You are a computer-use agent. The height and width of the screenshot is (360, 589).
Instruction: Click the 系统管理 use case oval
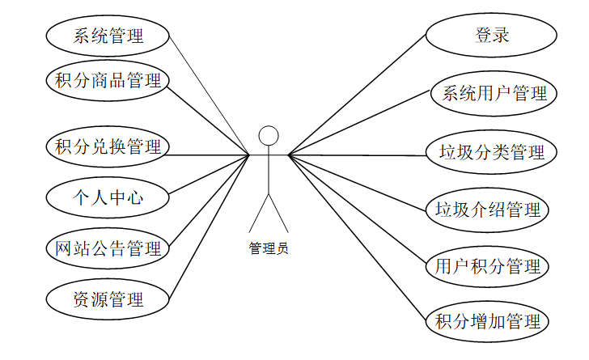[108, 36]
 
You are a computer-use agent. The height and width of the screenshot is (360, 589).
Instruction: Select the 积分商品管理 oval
[108, 80]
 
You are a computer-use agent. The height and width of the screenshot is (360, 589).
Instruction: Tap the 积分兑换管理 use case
[108, 146]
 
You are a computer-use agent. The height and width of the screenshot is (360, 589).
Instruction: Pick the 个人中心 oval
[108, 197]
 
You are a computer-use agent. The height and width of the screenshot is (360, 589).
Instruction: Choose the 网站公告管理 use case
[108, 248]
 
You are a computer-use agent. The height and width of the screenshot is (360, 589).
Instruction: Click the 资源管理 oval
[108, 299]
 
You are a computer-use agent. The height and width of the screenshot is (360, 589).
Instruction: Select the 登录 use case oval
[491, 36]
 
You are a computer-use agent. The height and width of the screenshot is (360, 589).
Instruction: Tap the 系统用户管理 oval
[491, 93]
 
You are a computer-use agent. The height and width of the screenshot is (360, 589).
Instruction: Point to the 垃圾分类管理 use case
[491, 151]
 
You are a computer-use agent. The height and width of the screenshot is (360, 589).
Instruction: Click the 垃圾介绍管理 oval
[488, 210]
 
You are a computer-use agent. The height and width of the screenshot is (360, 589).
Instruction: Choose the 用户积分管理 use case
[488, 265]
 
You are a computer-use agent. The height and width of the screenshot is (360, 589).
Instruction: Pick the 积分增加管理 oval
[488, 321]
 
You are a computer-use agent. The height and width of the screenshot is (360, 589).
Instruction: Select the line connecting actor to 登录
[356, 97]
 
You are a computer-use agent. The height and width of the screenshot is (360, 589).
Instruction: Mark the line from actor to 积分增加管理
[356, 235]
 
